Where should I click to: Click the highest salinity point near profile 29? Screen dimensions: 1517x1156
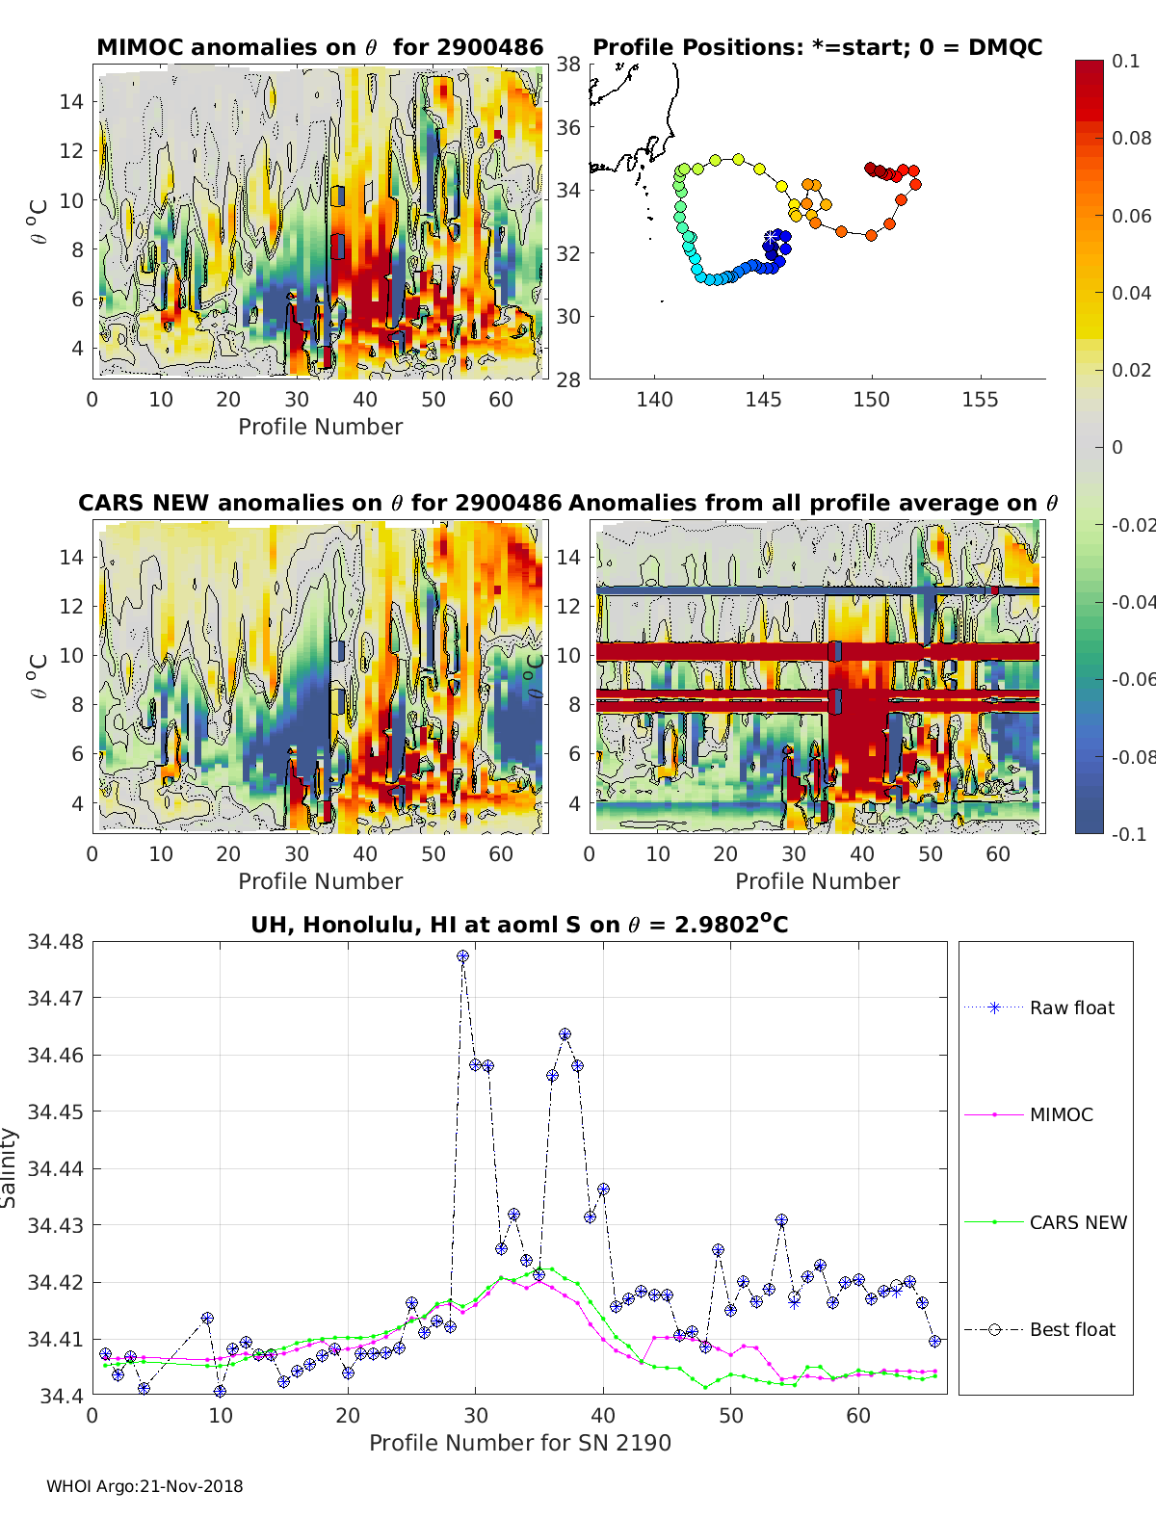[463, 956]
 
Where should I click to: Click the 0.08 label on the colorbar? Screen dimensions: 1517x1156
[1131, 138]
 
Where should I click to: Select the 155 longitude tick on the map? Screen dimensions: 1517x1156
[980, 400]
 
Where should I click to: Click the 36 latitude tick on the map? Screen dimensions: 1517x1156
[568, 127]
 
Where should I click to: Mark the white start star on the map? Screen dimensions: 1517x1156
[773, 237]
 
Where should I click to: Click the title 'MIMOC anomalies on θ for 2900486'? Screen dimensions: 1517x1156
[320, 47]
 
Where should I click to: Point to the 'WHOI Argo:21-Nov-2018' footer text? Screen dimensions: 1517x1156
[144, 1486]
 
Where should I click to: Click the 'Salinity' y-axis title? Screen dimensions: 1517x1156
[10, 1167]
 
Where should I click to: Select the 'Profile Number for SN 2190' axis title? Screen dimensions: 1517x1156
[519, 1442]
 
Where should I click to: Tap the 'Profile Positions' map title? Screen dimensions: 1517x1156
[817, 47]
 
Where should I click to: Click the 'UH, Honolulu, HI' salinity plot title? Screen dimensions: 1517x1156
[519, 925]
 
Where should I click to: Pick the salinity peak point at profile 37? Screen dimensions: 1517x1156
[565, 1034]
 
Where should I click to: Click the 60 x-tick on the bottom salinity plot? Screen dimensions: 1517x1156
[858, 1415]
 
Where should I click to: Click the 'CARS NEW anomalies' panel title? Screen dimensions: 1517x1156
[319, 503]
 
